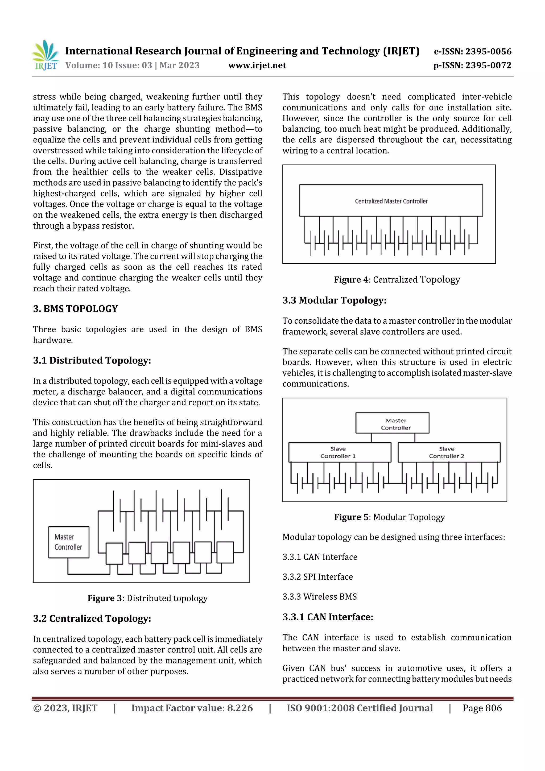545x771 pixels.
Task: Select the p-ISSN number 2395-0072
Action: click(x=472, y=65)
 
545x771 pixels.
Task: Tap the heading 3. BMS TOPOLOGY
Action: click(x=75, y=309)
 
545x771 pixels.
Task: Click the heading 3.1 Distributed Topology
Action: click(x=92, y=360)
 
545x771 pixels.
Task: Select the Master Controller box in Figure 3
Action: click(x=69, y=542)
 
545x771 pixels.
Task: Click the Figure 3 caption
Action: click(x=147, y=598)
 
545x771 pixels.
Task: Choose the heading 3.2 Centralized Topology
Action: click(x=92, y=618)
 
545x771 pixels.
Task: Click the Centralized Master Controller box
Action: click(x=391, y=200)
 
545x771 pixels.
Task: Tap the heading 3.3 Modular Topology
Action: click(x=334, y=300)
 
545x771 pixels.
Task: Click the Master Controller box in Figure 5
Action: click(x=392, y=423)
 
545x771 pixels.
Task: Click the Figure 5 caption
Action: click(x=389, y=517)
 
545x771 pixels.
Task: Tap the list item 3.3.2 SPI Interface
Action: click(x=317, y=576)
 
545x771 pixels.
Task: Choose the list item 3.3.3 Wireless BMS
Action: click(x=319, y=596)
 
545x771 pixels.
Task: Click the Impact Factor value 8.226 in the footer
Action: click(x=192, y=708)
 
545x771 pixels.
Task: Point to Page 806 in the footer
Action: click(x=482, y=708)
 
